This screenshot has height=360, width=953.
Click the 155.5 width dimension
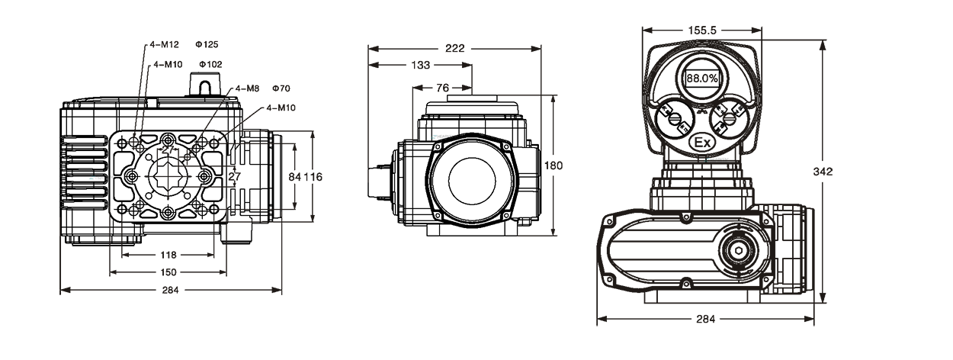702,31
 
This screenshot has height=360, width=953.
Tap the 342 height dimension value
823,172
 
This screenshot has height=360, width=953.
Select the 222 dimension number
455,49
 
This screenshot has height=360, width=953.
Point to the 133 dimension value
420,65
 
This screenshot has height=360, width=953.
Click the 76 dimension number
442,88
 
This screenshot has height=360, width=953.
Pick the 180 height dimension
553,165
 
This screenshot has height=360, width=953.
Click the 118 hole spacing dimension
168,255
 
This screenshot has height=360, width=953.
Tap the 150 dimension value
168,272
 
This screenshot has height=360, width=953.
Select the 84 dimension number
294,176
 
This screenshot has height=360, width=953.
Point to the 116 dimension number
313,176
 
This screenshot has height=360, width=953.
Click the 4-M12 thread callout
164,44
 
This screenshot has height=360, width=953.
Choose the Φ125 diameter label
207,44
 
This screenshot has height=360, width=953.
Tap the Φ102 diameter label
210,64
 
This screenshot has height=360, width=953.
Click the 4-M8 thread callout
247,88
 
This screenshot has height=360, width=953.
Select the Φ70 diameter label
281,88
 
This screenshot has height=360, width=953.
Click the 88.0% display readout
702,79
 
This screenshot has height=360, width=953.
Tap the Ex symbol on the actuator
702,143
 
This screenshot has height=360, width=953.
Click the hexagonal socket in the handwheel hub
738,251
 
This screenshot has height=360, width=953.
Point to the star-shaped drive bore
168,176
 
